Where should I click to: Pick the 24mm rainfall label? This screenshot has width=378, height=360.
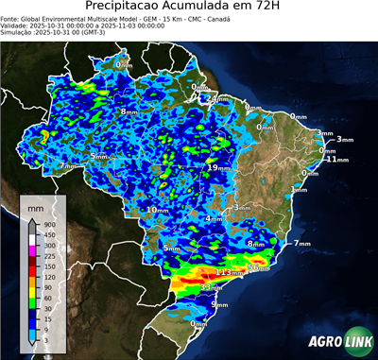pyautogui.click(x=217, y=99)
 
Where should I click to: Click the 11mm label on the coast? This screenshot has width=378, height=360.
pyautogui.click(x=330, y=160)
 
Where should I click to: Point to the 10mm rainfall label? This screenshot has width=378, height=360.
pyautogui.click(x=157, y=210)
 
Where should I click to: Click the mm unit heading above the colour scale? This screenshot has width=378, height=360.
pyautogui.click(x=36, y=207)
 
